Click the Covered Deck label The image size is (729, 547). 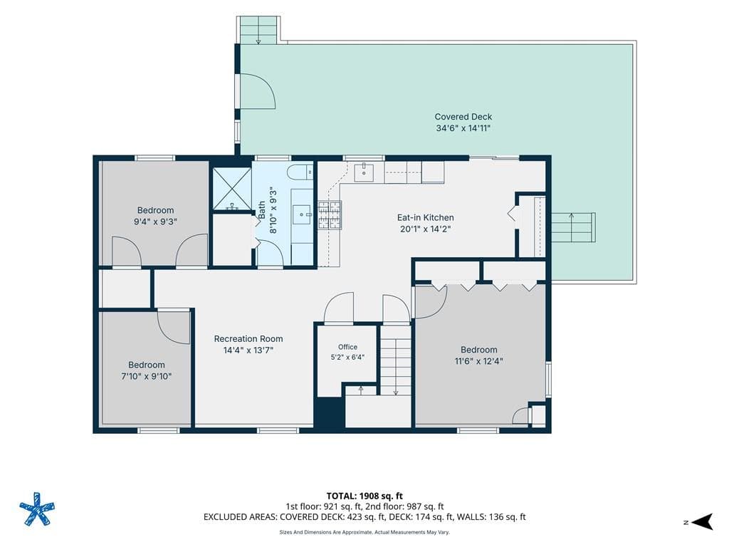coord(463,117)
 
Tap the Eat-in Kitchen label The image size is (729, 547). coord(426,217)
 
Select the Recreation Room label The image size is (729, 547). coord(248,338)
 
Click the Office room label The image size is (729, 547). coord(347,347)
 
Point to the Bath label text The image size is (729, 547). coord(262,210)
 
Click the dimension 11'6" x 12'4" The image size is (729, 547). coord(479,361)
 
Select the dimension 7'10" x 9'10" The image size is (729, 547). coord(147,376)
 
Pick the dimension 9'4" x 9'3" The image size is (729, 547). coord(155,222)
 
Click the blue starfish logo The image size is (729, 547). coord(37,509)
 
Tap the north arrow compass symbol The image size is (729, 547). coord(702,522)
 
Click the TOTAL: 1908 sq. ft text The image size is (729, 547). coord(364,496)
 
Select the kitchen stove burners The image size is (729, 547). coord(330,215)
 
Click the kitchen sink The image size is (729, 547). coord(364,172)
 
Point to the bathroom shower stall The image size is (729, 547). coord(232,189)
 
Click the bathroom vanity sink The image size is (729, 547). coord(303,214)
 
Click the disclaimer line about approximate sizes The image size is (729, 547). coord(364,532)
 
